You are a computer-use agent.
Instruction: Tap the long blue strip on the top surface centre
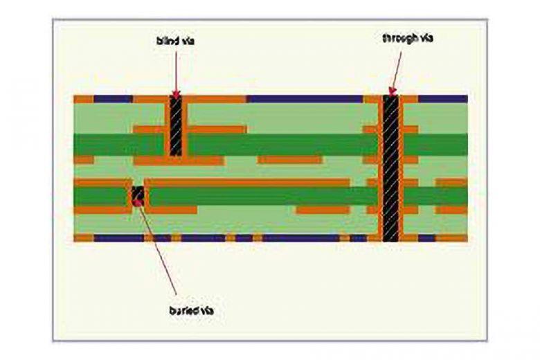point(305,99)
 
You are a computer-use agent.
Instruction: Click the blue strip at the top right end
point(443,99)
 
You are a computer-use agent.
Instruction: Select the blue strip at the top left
point(113,99)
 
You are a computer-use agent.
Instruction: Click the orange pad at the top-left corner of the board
point(83,99)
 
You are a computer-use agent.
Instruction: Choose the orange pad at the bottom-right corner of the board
point(453,237)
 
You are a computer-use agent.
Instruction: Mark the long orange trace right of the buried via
point(249,183)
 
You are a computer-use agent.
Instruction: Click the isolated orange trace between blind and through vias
point(289,160)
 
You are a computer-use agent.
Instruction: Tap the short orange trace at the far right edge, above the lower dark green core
point(452,183)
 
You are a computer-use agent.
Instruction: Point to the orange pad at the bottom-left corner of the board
point(83,237)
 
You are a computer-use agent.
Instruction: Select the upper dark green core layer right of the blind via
point(277,144)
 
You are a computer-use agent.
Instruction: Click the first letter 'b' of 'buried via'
point(170,312)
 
